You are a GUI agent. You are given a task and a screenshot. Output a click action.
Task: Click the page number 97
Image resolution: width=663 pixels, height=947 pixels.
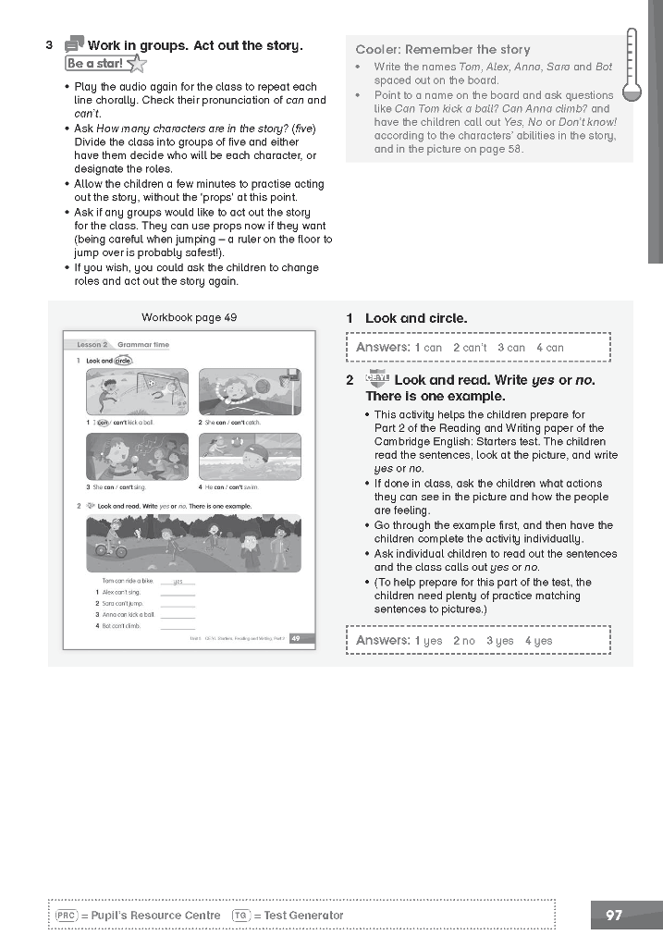pyautogui.click(x=614, y=916)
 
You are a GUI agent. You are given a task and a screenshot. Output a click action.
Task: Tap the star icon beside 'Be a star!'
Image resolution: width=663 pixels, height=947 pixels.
pyautogui.click(x=136, y=64)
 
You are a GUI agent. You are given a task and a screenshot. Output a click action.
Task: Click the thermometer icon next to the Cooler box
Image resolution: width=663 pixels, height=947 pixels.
pyautogui.click(x=632, y=64)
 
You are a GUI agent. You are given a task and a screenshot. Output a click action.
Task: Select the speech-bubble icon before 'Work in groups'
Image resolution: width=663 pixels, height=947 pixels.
pyautogui.click(x=74, y=45)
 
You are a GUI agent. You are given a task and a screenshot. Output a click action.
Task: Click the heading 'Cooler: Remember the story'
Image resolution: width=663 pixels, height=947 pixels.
pyautogui.click(x=443, y=49)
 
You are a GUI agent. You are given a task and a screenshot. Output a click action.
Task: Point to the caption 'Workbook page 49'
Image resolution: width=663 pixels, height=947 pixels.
pyautogui.click(x=190, y=317)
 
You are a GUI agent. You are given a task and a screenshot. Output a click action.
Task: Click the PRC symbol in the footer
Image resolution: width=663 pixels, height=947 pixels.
pyautogui.click(x=66, y=916)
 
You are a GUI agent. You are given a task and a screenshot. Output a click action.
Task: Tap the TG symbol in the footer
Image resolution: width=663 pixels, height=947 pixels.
pyautogui.click(x=240, y=916)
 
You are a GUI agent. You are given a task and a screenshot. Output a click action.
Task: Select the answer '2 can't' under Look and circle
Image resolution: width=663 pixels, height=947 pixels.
pyautogui.click(x=470, y=348)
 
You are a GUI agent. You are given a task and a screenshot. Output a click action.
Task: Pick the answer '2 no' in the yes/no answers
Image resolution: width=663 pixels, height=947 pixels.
pyautogui.click(x=463, y=640)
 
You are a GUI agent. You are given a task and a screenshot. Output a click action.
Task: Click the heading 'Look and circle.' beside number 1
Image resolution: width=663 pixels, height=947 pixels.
pyautogui.click(x=416, y=318)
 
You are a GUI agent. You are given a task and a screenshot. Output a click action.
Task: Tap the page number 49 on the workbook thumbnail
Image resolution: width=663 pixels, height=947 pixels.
pyautogui.click(x=296, y=638)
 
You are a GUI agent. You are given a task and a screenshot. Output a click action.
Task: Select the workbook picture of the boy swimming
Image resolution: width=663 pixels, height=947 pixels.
pyautogui.click(x=250, y=456)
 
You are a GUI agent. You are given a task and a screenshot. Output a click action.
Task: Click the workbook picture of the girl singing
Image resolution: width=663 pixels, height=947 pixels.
pyautogui.click(x=137, y=456)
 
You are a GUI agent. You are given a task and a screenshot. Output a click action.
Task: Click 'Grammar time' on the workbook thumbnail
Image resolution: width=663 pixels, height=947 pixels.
pyautogui.click(x=143, y=344)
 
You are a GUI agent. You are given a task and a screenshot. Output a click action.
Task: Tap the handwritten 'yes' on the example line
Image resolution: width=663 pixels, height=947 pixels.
pyautogui.click(x=178, y=582)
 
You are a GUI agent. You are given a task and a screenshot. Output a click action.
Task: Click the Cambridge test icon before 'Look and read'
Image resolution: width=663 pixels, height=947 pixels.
pyautogui.click(x=377, y=379)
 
